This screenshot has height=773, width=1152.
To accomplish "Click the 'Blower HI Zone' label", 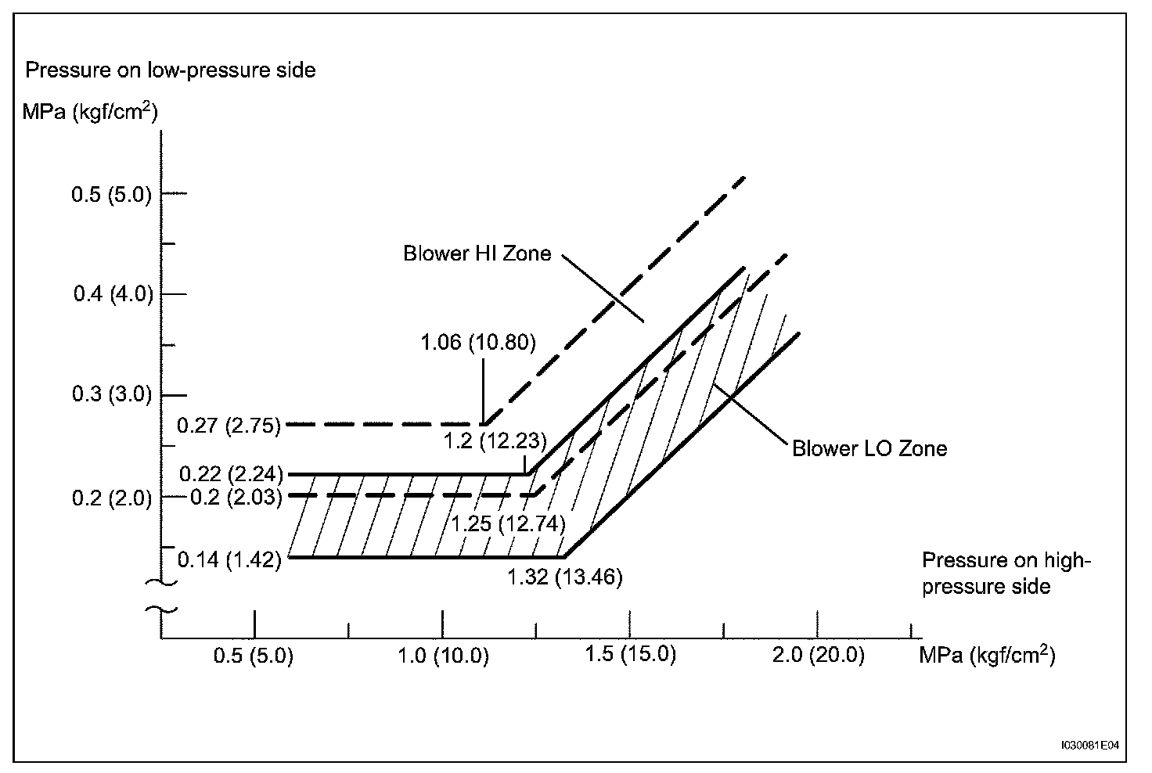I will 477,253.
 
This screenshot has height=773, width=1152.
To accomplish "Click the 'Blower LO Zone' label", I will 869,449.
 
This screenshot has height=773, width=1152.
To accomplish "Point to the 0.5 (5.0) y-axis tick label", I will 112,194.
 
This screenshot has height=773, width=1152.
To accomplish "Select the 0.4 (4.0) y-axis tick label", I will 113,294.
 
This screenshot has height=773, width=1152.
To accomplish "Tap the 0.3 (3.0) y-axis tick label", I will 112,394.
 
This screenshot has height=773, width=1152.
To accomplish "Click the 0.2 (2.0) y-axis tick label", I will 112,498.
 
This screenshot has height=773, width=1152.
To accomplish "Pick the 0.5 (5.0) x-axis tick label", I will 254,656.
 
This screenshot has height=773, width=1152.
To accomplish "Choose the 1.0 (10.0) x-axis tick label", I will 443,656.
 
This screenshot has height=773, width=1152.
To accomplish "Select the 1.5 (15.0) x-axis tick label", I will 630,655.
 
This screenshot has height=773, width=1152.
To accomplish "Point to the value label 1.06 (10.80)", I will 478,342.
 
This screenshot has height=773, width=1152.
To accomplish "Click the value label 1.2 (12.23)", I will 495,440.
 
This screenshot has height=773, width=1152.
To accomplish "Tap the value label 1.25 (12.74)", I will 509,523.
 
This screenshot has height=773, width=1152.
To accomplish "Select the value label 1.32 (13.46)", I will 564,578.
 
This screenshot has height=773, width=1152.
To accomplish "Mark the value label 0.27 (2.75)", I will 229,426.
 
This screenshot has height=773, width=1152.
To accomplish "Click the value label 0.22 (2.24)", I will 230,474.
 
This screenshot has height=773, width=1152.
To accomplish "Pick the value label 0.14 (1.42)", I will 229,560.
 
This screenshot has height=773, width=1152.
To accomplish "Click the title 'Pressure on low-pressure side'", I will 171,70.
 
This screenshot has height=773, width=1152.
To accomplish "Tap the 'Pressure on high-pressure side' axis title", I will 1006,573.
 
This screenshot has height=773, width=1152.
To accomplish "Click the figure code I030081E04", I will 1090,746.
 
